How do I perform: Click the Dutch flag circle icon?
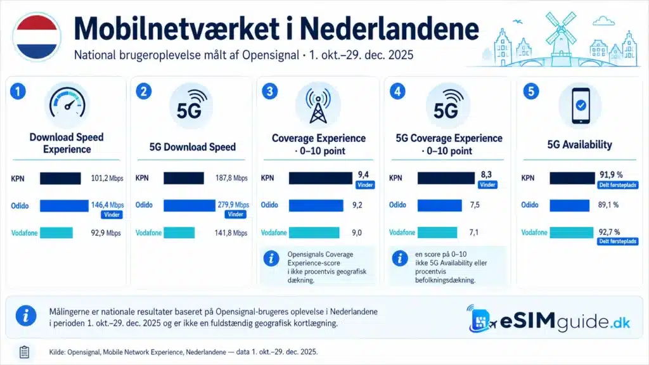tap(37, 37)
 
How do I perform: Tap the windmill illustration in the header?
tap(561, 36)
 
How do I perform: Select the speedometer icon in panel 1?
tap(67, 105)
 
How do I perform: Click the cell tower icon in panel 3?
tap(318, 106)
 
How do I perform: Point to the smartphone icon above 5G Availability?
tap(581, 106)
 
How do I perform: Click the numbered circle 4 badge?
tap(397, 91)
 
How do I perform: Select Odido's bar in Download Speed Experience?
tap(64, 206)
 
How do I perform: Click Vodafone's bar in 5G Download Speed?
tap(179, 233)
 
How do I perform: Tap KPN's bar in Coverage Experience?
tap(320, 178)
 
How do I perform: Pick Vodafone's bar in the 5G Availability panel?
tap(571, 233)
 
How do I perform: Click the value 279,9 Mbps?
tap(233, 205)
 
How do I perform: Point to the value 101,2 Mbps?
tap(107, 178)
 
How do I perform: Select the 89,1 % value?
tap(608, 205)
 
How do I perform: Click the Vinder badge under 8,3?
tap(487, 185)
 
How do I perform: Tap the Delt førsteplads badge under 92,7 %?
tap(617, 241)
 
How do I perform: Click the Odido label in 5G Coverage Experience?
tap(397, 205)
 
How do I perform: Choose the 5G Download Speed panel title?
tap(193, 147)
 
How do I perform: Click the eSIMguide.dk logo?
tap(549, 320)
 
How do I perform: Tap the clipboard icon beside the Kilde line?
tap(25, 352)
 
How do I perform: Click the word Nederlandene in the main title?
tap(389, 29)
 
